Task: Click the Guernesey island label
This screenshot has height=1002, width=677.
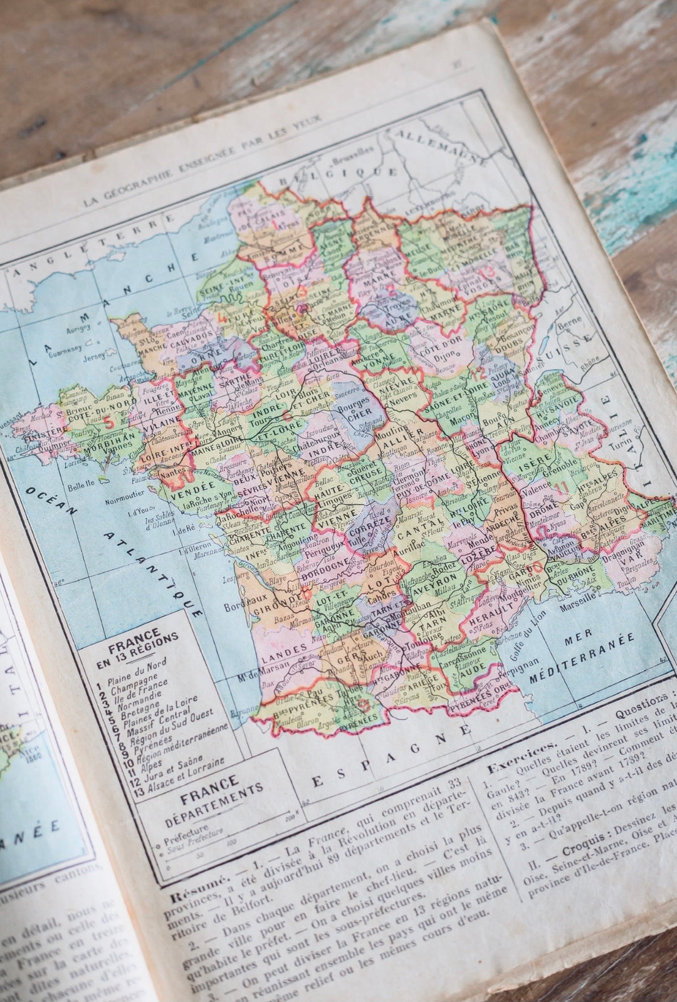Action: coord(61,336)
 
